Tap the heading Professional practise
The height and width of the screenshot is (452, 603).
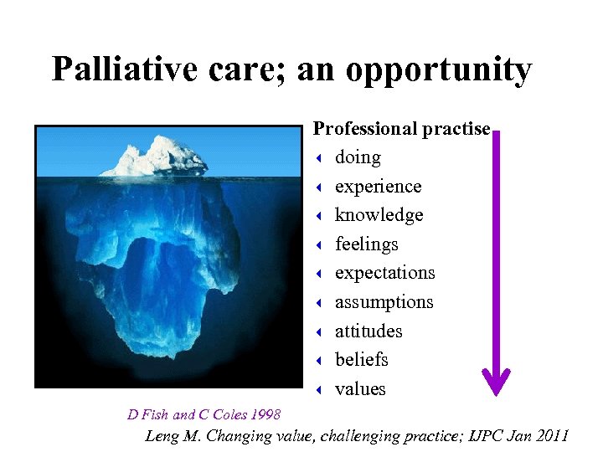pyautogui.click(x=401, y=129)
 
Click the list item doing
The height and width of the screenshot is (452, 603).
pyautogui.click(x=358, y=157)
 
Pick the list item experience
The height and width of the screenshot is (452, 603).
pyautogui.click(x=378, y=187)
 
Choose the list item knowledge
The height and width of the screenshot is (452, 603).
pyautogui.click(x=379, y=215)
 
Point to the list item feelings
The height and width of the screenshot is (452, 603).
pyautogui.click(x=366, y=244)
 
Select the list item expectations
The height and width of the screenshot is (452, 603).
pyautogui.click(x=384, y=273)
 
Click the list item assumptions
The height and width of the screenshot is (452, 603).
pyautogui.click(x=384, y=302)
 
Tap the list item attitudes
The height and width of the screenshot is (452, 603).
pyautogui.click(x=368, y=331)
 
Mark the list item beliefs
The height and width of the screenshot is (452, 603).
pyautogui.click(x=362, y=360)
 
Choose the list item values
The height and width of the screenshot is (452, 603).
pyautogui.click(x=360, y=389)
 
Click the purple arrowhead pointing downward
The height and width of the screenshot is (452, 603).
pyautogui.click(x=497, y=382)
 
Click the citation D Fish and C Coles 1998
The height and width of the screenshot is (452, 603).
pyautogui.click(x=204, y=414)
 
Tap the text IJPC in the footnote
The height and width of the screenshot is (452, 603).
pyautogui.click(x=484, y=435)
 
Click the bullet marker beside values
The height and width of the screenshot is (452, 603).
pyautogui.click(x=320, y=389)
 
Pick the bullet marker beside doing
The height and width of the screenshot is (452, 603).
pyautogui.click(x=320, y=158)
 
